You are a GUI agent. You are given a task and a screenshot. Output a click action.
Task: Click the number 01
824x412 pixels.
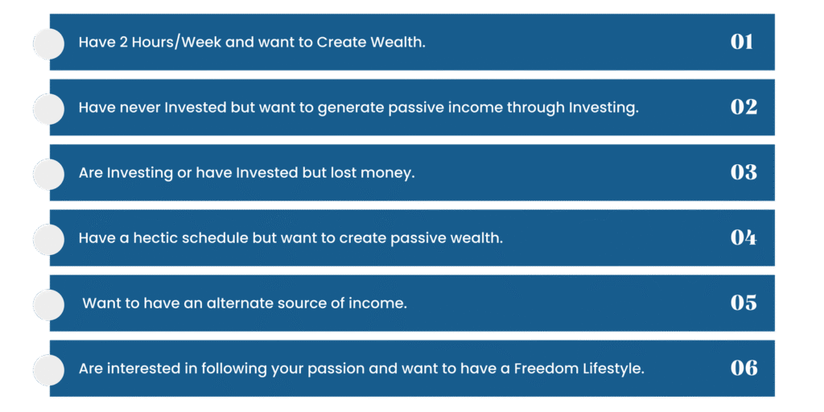click(x=741, y=42)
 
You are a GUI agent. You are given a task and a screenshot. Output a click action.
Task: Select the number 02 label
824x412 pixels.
click(x=744, y=107)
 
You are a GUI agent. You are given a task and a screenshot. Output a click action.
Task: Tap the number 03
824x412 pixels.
click(x=744, y=172)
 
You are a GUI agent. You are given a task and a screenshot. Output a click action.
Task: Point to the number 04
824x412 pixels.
click(x=744, y=237)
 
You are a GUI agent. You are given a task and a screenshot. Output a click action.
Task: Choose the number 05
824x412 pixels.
click(x=744, y=303)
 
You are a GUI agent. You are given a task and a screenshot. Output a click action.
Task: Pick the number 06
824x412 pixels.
click(x=744, y=368)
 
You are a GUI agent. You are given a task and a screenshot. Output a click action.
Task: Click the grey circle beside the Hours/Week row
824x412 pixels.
click(x=48, y=43)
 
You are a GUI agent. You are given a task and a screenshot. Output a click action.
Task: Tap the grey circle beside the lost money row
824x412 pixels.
click(x=48, y=174)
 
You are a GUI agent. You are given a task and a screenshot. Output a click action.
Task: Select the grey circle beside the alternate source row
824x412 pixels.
click(x=48, y=304)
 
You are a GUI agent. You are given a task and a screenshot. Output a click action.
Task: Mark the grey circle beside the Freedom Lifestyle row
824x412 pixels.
click(x=48, y=370)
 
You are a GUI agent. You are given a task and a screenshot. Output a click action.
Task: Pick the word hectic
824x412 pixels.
click(x=153, y=238)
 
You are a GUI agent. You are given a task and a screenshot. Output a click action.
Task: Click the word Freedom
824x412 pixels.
click(x=545, y=369)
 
